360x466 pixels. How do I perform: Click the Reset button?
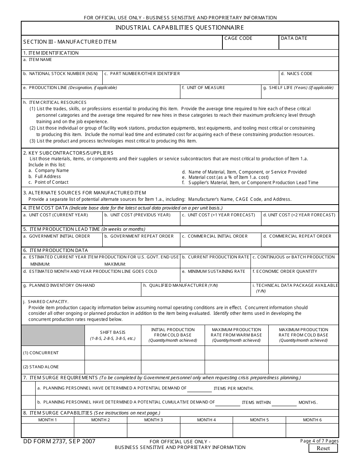323,448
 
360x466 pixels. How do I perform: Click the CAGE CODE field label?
238,38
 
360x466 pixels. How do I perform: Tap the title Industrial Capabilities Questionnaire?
180,28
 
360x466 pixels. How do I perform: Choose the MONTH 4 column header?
207,420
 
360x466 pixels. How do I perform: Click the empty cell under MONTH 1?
48,430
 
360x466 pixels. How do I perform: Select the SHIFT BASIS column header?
113,332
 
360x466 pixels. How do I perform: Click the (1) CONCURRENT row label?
41,353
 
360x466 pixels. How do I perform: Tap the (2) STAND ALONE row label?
41,367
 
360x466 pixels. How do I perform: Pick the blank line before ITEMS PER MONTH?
199,389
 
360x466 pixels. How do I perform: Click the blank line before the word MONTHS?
284,403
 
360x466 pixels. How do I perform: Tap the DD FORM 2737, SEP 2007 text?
59,441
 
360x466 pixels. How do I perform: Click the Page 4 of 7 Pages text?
319,441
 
